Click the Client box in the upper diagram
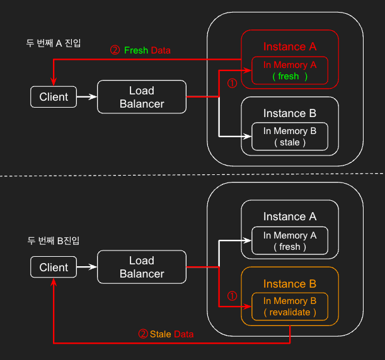pyautogui.click(x=54, y=97)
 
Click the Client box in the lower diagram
pyautogui.click(x=54, y=267)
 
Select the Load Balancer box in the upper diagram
pyautogui.click(x=142, y=97)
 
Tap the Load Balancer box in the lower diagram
pyautogui.click(x=142, y=267)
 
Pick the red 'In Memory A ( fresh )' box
pyautogui.click(x=289, y=70)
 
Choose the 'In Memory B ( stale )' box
pyautogui.click(x=289, y=137)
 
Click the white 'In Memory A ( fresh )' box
pyautogui.click(x=289, y=240)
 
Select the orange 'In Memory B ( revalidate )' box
pyautogui.click(x=289, y=307)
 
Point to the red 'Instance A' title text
pyautogui.click(x=289, y=47)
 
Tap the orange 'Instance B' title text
pyautogui.click(x=289, y=284)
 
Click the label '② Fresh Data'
pyautogui.click(x=140, y=50)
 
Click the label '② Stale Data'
pyautogui.click(x=166, y=334)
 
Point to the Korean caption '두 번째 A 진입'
pyautogui.click(x=54, y=43)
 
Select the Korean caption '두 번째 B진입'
pyautogui.click(x=54, y=240)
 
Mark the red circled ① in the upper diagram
pyautogui.click(x=231, y=82)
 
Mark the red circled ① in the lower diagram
pyautogui.click(x=231, y=295)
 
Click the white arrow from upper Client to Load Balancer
pyautogui.click(x=86, y=97)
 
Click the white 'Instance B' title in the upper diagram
pyautogui.click(x=289, y=113)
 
